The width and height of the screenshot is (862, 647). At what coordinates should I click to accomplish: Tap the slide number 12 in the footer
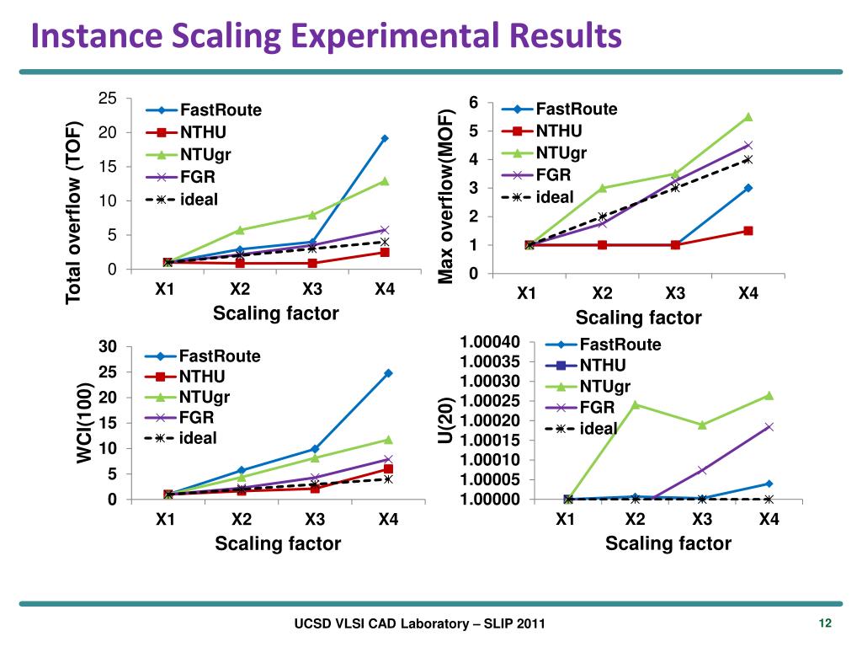[x=824, y=623]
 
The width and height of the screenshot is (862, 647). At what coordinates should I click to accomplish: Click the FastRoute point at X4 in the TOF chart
[x=385, y=138]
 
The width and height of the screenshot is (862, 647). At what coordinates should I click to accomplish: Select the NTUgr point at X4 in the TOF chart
[x=385, y=181]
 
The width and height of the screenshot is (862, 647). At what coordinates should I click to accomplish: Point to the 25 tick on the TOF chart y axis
[x=108, y=99]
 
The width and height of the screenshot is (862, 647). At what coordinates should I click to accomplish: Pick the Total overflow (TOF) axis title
[x=74, y=211]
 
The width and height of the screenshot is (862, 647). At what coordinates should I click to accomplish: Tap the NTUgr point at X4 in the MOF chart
[x=748, y=117]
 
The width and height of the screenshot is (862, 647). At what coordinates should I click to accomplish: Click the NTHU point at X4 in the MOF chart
[x=748, y=231]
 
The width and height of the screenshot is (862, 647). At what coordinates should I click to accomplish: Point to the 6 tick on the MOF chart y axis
[x=474, y=103]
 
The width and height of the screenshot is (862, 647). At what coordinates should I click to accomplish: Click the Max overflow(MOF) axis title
[x=448, y=195]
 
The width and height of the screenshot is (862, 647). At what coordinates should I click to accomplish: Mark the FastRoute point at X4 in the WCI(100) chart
[x=388, y=373]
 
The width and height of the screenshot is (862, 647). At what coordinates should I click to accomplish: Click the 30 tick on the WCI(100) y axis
[x=108, y=347]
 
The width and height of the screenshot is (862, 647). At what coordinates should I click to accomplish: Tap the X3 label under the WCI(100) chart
[x=315, y=519]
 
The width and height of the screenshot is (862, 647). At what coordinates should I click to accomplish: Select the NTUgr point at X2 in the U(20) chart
[x=636, y=404]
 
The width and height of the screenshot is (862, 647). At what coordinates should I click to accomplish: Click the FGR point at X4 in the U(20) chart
[x=769, y=427]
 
